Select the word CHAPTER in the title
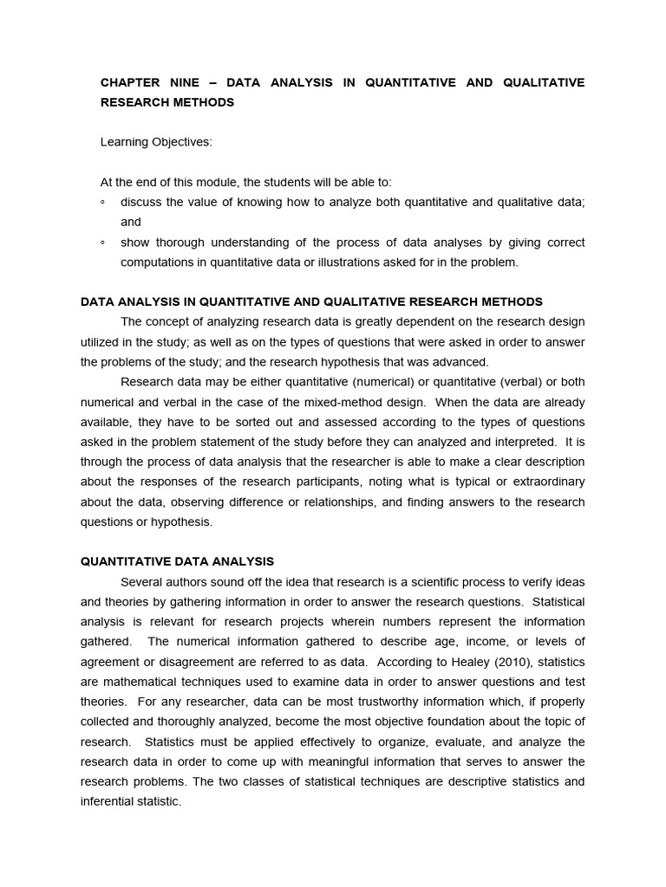click(130, 82)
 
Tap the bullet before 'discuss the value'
click(102, 202)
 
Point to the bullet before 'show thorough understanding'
click(102, 243)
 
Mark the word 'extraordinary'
click(543, 482)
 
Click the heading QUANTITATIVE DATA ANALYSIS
click(177, 561)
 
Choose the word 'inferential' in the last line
click(108, 801)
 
